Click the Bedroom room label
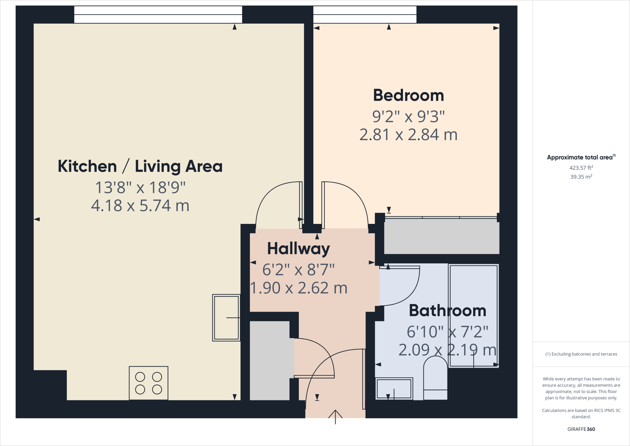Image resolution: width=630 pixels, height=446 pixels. point(409,95)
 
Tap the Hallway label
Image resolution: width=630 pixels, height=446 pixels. point(298,249)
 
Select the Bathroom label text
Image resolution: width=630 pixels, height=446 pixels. point(448,310)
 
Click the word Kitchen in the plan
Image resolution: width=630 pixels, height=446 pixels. point(87,166)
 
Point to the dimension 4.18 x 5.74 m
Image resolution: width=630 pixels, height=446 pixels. point(140,205)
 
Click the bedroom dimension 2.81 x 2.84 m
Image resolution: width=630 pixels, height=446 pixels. point(409,135)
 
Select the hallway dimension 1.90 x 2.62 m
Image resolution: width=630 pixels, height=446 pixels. point(299,288)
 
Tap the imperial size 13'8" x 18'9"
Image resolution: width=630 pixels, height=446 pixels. point(140,187)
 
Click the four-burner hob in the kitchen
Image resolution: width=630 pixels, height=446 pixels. point(149,383)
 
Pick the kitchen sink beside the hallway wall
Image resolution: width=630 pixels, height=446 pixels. point(226,318)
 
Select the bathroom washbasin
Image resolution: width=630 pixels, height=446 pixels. point(394,388)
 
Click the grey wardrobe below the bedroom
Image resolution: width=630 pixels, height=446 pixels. point(442,236)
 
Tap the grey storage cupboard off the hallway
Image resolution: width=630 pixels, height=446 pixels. point(270,361)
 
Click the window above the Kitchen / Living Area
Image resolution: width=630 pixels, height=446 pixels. point(158,14)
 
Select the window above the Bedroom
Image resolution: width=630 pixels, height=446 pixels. point(365,14)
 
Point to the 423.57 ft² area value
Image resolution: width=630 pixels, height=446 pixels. point(581,168)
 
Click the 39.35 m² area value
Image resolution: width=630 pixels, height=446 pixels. point(581,176)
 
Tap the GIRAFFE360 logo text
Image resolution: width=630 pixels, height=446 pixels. point(581,429)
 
